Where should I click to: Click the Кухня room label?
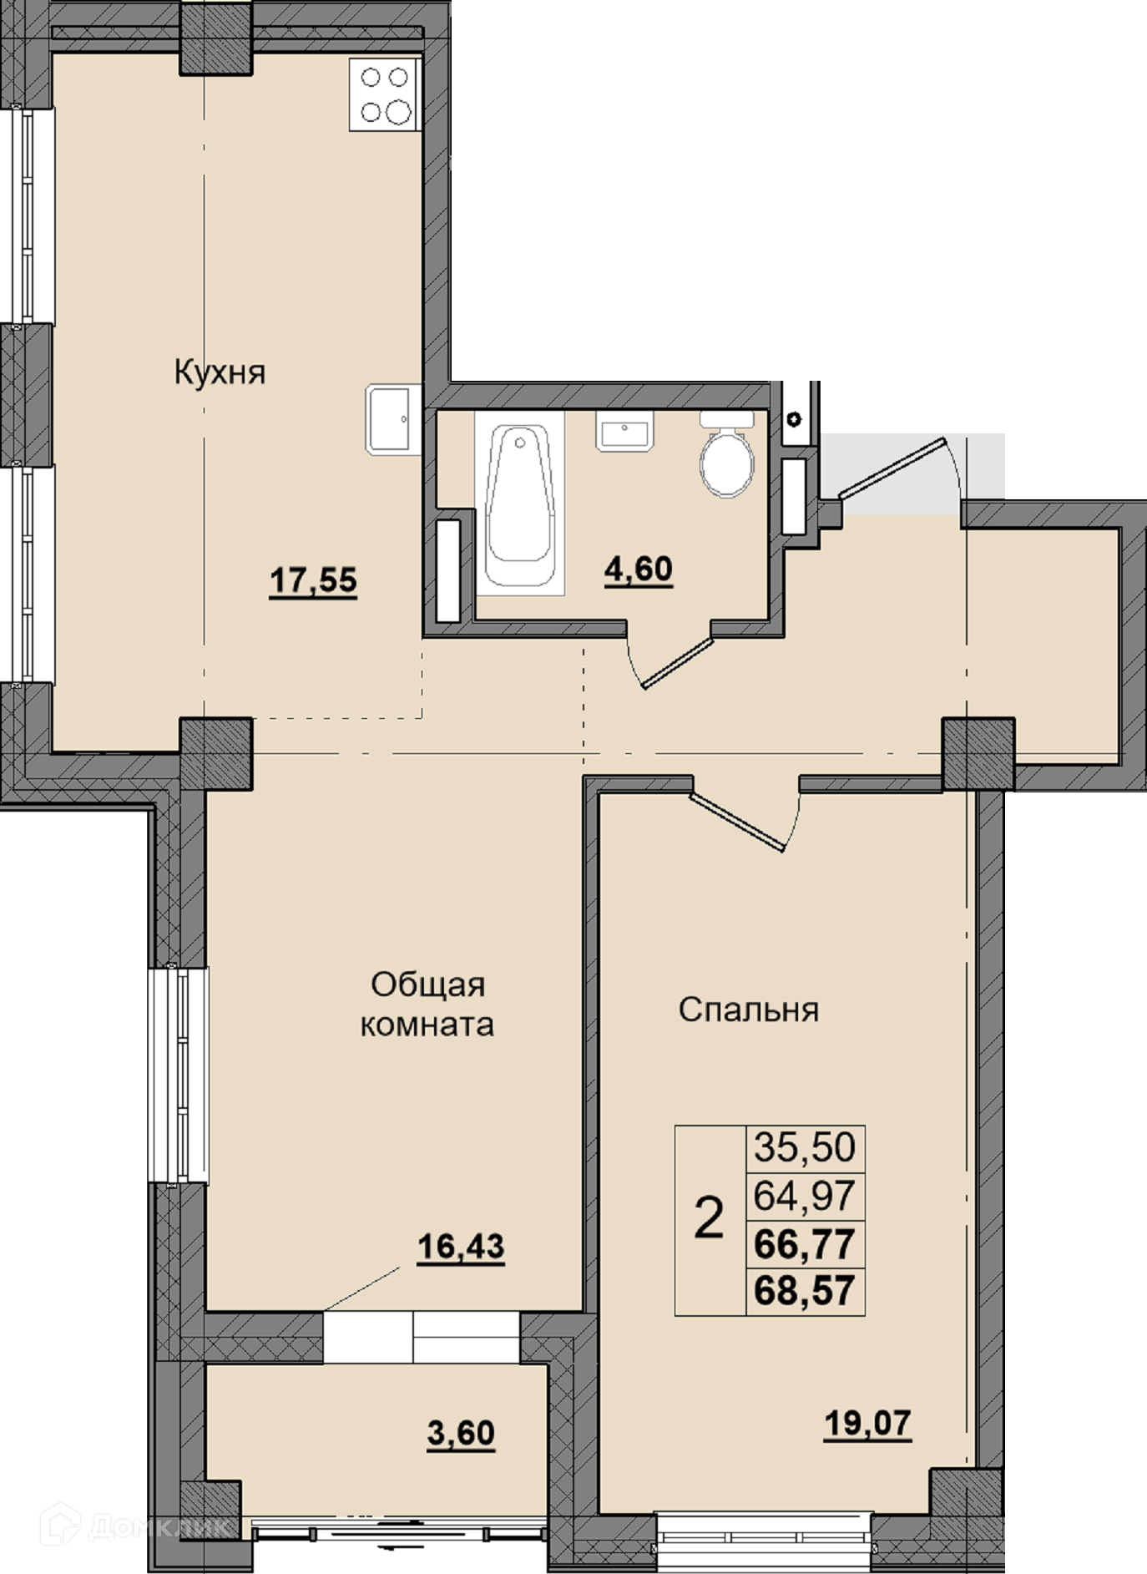pos(220,372)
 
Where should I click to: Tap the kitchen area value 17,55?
pos(313,579)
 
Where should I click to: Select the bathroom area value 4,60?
pos(639,569)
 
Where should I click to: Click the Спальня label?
pos(749,1010)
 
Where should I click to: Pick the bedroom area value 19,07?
pos(867,1422)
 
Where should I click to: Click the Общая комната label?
pos(427,1005)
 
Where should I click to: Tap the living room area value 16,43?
pos(461,1247)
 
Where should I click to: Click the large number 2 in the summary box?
pos(709,1219)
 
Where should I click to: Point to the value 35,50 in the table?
pos(805,1146)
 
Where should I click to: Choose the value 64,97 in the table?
pos(805,1195)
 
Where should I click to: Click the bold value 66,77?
pos(805,1244)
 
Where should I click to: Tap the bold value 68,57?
pos(805,1290)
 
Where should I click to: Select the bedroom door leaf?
pos(738,822)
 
